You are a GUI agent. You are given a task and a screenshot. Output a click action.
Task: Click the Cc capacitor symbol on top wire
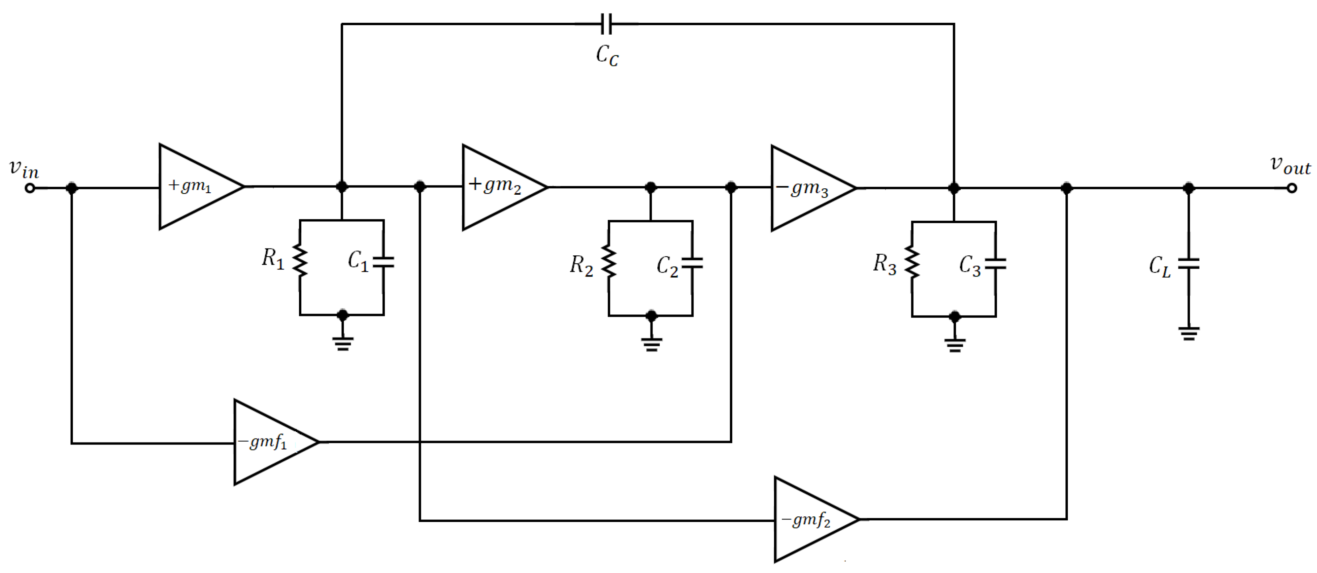[x=606, y=24]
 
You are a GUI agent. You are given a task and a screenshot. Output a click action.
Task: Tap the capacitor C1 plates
[x=383, y=262]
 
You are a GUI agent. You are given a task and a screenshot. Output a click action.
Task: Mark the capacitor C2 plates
[x=692, y=263]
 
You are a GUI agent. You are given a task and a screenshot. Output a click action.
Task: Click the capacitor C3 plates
[x=995, y=264]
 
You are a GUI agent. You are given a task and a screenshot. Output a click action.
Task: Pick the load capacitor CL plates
[x=1189, y=264]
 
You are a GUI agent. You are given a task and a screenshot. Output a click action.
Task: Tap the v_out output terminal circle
[x=1292, y=188]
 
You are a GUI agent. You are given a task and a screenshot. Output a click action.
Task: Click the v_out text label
[x=1290, y=165]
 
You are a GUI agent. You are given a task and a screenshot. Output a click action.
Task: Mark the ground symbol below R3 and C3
[x=955, y=345]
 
